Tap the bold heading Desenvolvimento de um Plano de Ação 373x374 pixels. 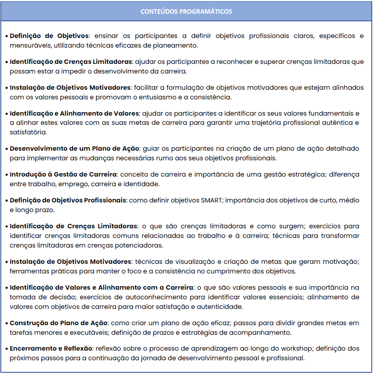click(74, 149)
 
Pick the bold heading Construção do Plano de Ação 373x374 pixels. click(58, 323)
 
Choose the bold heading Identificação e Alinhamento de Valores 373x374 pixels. click(75, 113)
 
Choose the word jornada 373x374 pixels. click(197, 358)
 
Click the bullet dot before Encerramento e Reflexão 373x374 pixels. click(7, 349)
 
